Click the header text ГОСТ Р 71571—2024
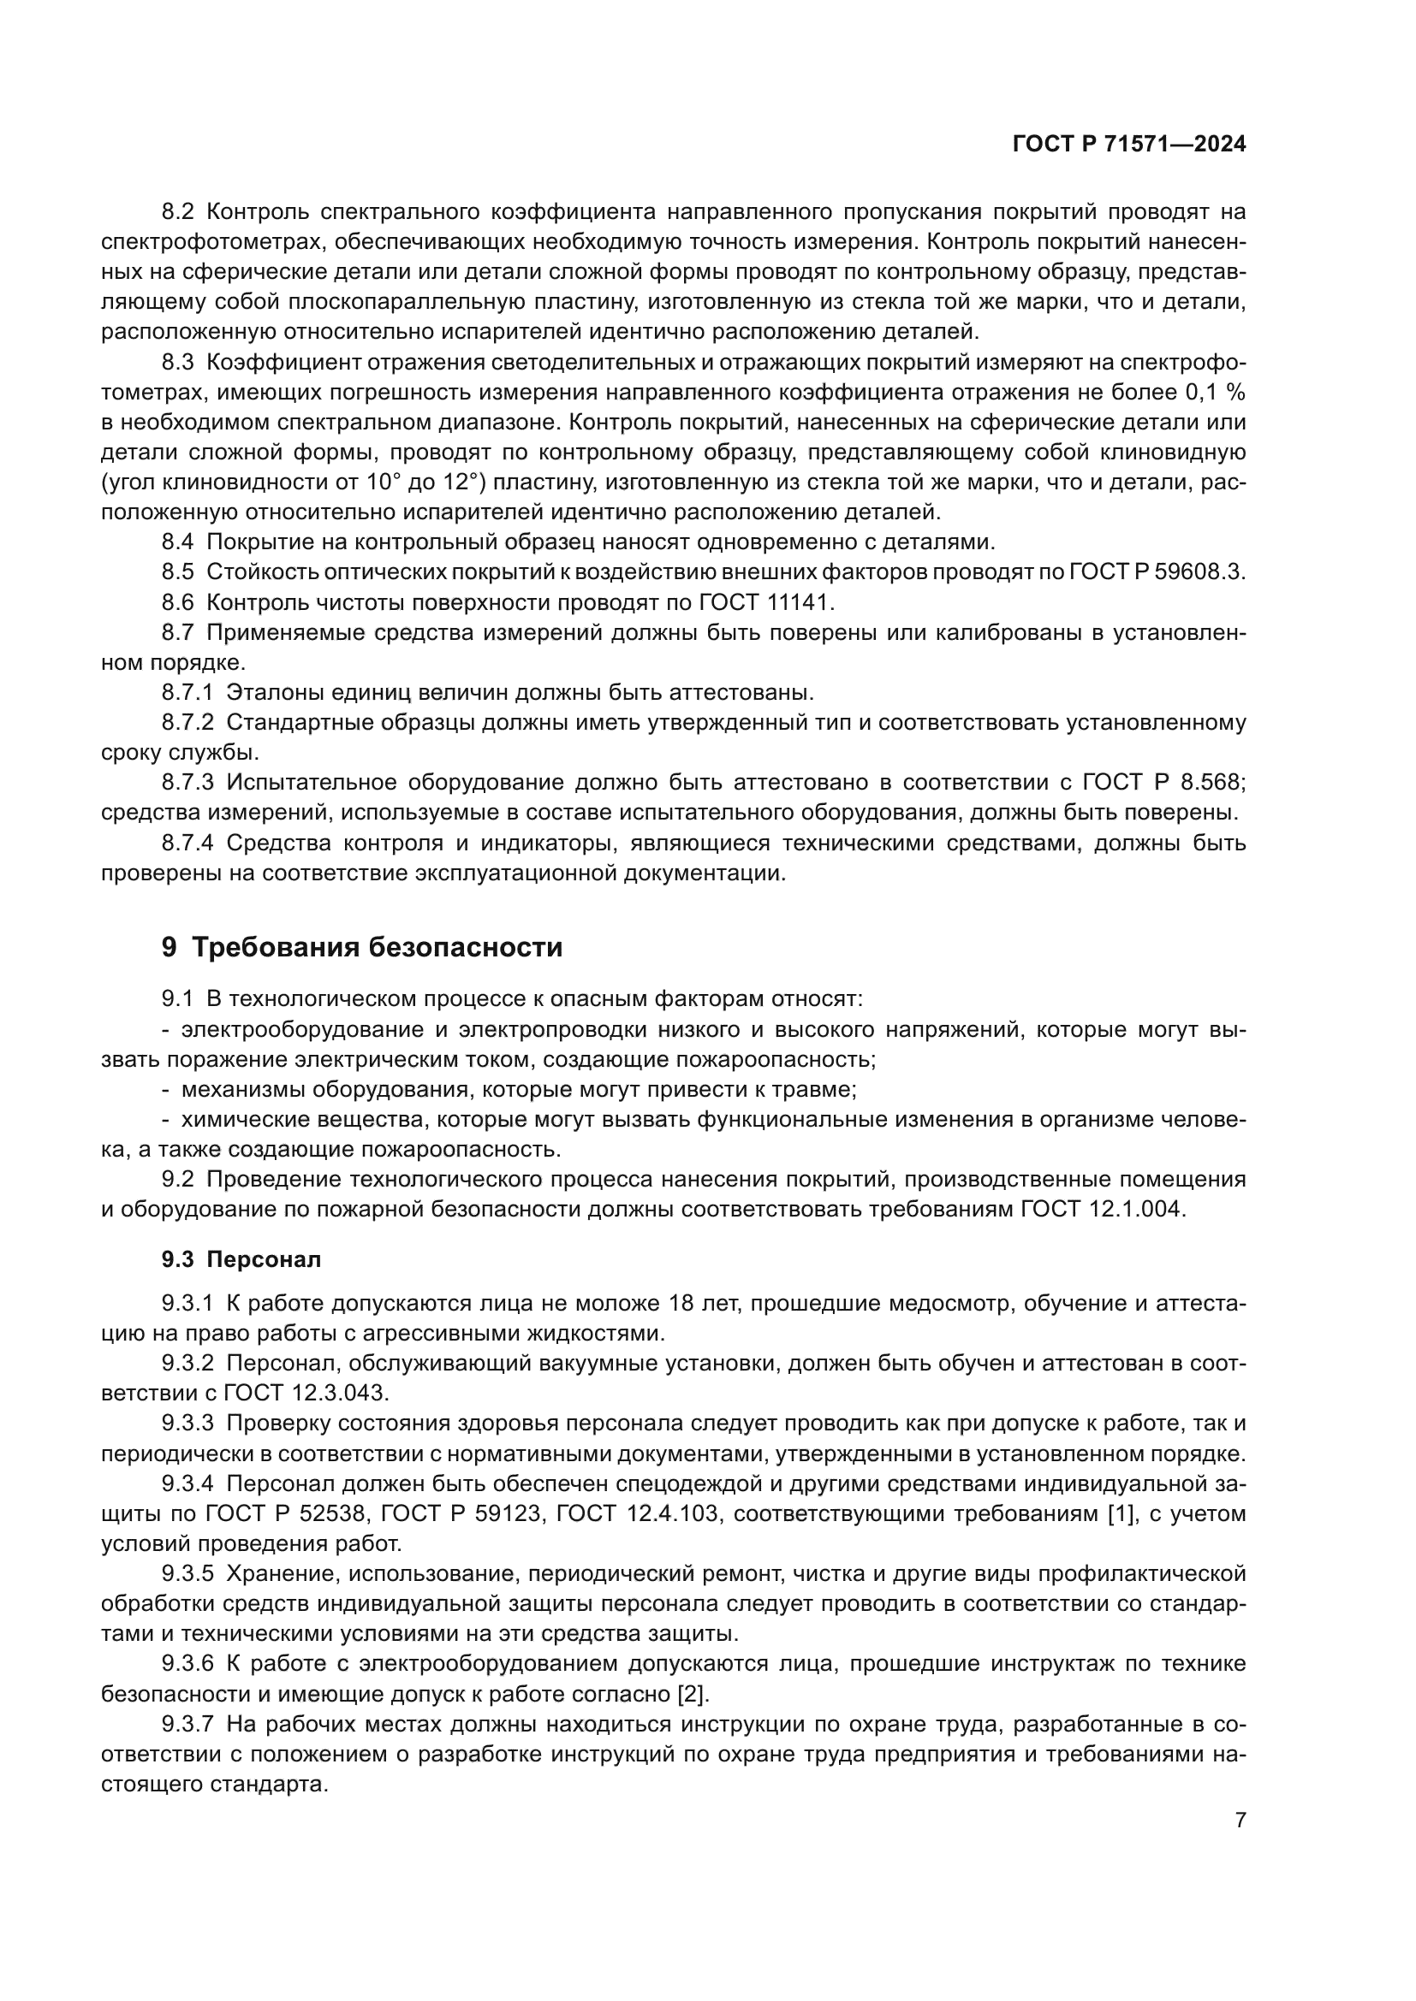click(1129, 145)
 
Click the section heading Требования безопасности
click(376, 947)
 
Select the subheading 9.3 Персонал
click(241, 1259)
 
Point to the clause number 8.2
click(180, 212)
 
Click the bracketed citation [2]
click(693, 1694)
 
